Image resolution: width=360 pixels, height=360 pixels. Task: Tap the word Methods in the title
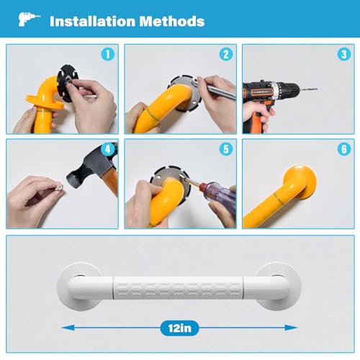click(172, 22)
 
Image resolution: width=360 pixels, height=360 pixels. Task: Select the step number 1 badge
click(108, 54)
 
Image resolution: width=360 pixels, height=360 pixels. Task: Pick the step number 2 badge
click(226, 54)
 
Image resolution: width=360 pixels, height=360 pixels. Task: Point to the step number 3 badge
click(344, 54)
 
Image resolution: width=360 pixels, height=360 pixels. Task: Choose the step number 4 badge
click(108, 149)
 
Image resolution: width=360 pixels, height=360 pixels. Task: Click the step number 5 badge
click(226, 149)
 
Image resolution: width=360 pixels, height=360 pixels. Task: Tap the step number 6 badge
click(344, 149)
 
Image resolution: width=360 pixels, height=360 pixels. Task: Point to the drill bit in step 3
click(308, 89)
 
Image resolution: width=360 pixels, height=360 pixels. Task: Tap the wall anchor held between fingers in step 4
click(59, 187)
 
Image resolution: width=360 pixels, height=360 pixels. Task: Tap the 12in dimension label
click(180, 328)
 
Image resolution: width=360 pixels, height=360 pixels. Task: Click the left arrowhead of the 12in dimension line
click(68, 328)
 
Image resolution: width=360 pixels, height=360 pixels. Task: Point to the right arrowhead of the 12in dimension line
click(292, 328)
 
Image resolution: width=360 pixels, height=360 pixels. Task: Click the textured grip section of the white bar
click(178, 288)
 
